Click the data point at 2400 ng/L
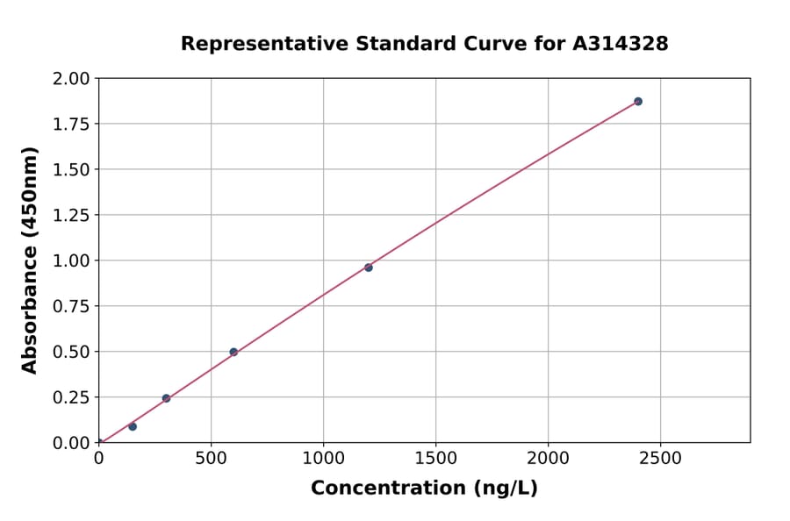[638, 102]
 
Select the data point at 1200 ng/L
[369, 268]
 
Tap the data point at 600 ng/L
[233, 352]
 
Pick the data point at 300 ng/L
[166, 398]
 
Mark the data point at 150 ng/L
[133, 426]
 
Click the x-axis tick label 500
[211, 459]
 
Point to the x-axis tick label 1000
[323, 459]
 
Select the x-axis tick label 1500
[436, 459]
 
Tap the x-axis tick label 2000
[549, 459]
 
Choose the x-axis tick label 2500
[661, 459]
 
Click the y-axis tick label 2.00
[72, 79]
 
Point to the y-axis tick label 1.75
[72, 125]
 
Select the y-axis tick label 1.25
[72, 215]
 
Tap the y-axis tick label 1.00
[72, 260]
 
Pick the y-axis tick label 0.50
[72, 352]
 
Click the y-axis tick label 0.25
[72, 397]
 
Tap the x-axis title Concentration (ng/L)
[424, 489]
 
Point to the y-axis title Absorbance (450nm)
[30, 260]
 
